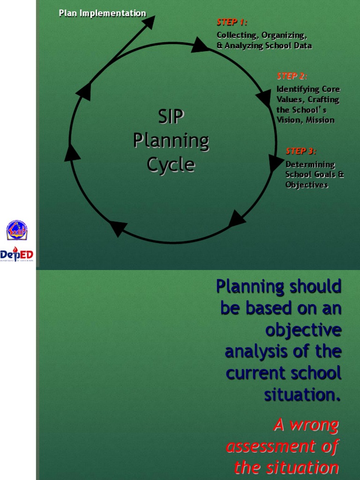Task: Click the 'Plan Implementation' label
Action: [102, 13]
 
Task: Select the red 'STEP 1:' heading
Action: [232, 22]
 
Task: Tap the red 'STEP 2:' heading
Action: [292, 76]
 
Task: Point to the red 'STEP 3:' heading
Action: [300, 151]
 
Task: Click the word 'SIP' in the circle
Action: [171, 117]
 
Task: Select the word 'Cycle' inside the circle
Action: [171, 165]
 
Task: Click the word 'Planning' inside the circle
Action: [171, 141]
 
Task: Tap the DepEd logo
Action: [17, 255]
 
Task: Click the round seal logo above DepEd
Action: [17, 230]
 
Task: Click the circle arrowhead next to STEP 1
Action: [200, 45]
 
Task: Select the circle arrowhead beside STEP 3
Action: [276, 163]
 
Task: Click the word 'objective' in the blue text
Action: [303, 330]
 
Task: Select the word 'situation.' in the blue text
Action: [302, 395]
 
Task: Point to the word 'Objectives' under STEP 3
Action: [307, 185]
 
